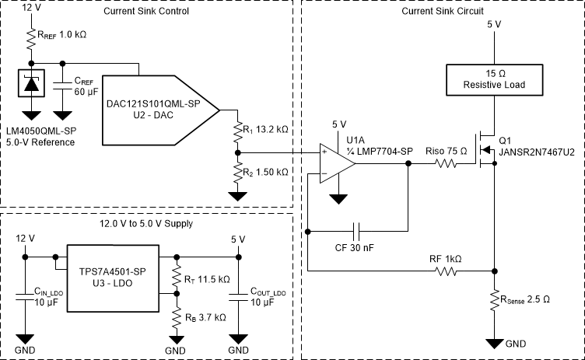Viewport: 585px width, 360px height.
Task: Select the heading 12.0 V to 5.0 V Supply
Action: pos(145,223)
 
